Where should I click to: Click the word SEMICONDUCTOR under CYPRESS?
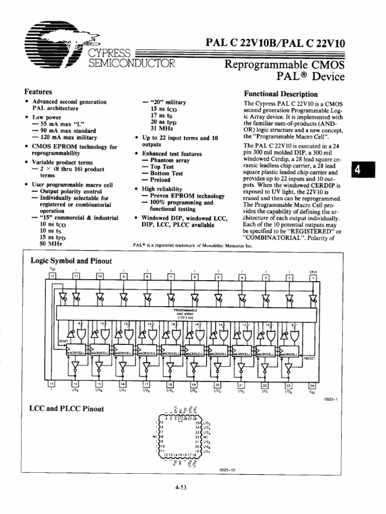point(132,63)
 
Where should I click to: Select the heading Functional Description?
point(280,94)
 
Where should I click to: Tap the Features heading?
point(39,92)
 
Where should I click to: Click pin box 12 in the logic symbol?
point(53,276)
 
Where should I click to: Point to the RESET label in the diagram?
point(64,341)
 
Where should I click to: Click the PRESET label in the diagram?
point(310,358)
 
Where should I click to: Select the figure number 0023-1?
point(330,400)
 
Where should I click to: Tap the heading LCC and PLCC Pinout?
point(66,409)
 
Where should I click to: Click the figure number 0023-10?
point(228,470)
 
